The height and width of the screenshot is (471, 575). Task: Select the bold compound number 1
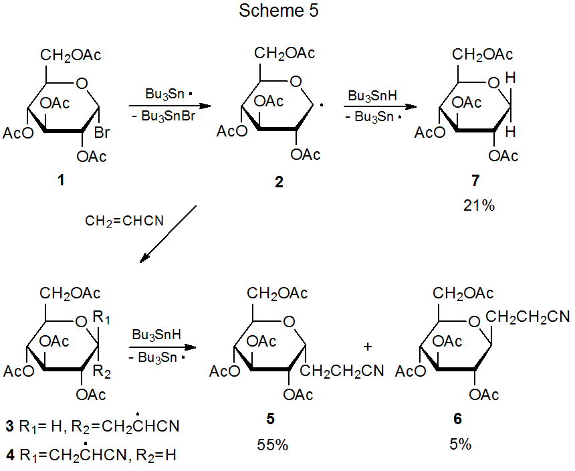pyautogui.click(x=62, y=180)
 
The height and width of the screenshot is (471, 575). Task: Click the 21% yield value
pyautogui.click(x=478, y=205)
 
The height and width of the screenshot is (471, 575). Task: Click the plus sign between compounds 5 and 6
pyautogui.click(x=367, y=347)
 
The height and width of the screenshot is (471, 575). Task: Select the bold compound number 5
pyautogui.click(x=269, y=419)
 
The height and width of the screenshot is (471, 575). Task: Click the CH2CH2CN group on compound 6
pyautogui.click(x=528, y=316)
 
